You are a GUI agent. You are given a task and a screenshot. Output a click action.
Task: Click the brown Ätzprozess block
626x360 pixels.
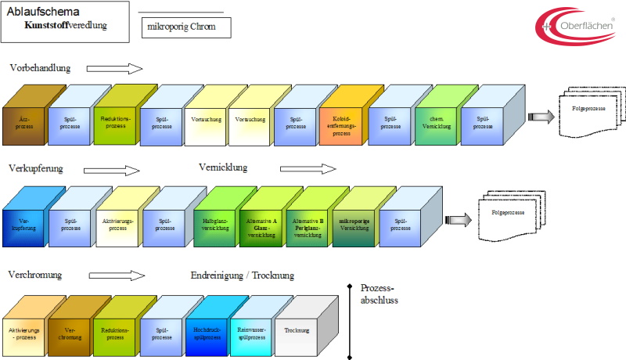coord(23,123)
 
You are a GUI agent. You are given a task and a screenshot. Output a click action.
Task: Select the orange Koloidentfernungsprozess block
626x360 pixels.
coord(341,123)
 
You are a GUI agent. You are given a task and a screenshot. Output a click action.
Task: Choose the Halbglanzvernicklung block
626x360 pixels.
coord(214,225)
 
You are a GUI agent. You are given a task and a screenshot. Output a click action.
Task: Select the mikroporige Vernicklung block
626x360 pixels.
coord(354,225)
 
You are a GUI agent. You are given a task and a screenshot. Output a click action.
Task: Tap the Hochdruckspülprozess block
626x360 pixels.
coord(207,334)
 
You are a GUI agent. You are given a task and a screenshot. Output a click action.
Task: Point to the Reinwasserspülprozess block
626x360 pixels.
coord(250,334)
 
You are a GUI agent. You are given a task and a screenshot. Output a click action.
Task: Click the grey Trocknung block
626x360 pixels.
coord(297,334)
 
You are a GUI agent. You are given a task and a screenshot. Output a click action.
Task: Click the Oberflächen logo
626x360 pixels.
coord(575,25)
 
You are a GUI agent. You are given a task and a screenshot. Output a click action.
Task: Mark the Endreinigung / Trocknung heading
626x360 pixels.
coord(243,275)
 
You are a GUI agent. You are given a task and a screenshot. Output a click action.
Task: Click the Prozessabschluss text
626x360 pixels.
coord(379,294)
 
